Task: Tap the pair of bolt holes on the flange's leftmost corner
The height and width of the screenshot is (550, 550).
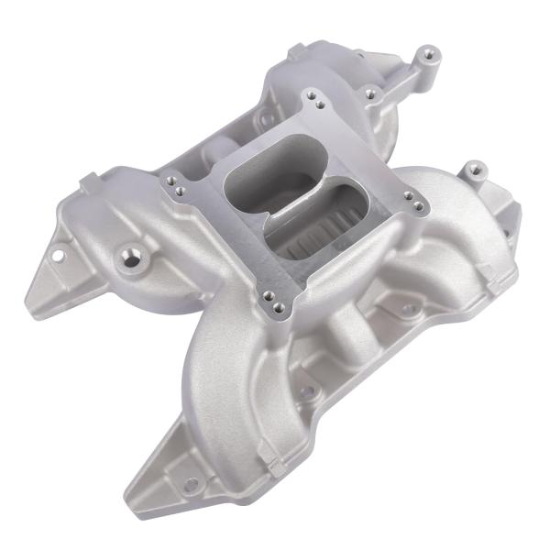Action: point(175,188)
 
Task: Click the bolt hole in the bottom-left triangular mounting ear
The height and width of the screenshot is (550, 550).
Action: point(191,483)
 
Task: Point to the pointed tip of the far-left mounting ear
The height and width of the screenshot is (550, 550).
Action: point(27,298)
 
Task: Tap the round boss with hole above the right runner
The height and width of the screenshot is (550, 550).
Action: point(473,170)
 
